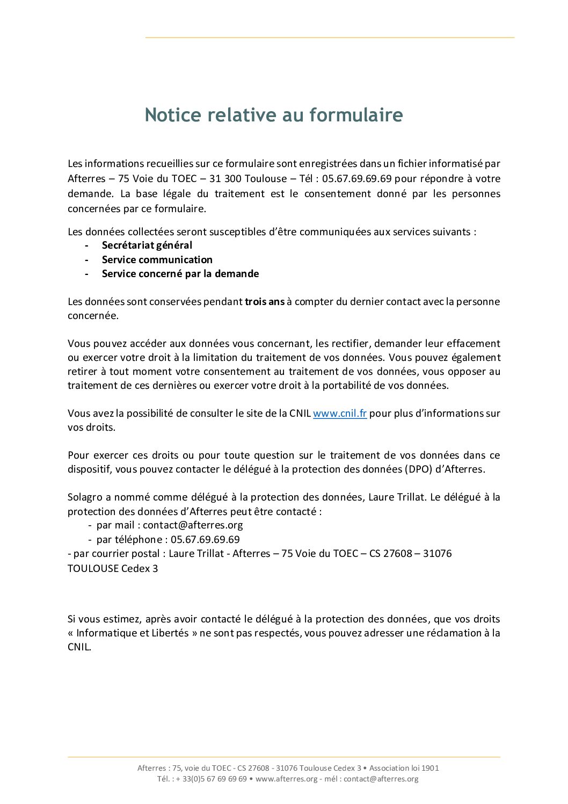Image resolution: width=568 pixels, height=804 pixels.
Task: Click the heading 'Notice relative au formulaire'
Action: tap(274, 115)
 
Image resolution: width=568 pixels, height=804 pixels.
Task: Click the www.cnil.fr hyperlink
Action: tap(340, 414)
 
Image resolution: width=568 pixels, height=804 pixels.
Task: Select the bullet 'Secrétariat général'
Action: tap(147, 245)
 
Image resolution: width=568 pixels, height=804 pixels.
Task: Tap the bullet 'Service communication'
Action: tap(157, 260)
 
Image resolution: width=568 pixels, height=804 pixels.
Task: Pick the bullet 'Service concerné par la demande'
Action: tap(180, 274)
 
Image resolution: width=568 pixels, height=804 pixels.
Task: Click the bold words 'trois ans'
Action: tap(265, 302)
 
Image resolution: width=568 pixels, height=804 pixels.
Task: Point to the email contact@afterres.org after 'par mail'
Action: tap(193, 525)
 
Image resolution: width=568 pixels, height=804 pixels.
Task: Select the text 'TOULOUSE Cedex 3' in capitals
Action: tap(113, 568)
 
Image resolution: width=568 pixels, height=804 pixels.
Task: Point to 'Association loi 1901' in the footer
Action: tap(404, 768)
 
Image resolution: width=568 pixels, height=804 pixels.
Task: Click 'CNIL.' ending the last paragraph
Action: tap(79, 647)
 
